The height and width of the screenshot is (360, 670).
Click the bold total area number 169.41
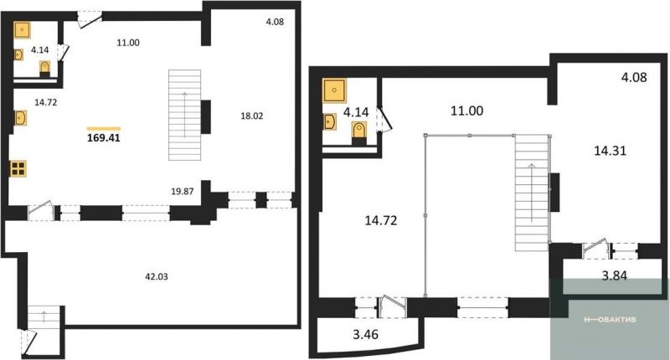(x=103, y=138)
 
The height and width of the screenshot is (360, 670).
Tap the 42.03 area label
(x=157, y=277)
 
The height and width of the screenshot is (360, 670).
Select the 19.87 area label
(x=183, y=192)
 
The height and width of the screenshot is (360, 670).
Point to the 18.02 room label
(x=252, y=116)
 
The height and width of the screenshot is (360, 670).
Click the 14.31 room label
(x=611, y=151)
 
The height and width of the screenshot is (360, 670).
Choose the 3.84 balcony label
(x=615, y=275)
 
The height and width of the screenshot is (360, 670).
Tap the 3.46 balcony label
(x=366, y=334)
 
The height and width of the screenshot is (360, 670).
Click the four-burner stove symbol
(x=18, y=168)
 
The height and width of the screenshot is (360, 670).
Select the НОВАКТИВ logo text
(x=610, y=320)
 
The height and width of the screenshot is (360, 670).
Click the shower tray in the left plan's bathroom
(x=23, y=30)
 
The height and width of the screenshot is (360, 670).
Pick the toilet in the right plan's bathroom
(x=360, y=132)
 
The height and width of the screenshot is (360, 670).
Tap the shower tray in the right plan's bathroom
(x=334, y=90)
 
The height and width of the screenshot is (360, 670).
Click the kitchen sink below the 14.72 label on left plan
(x=20, y=118)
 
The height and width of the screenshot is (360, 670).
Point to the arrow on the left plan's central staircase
(x=184, y=115)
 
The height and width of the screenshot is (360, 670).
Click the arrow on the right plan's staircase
(x=532, y=193)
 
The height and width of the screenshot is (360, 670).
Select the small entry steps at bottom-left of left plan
(x=44, y=316)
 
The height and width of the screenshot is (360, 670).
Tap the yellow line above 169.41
(x=103, y=128)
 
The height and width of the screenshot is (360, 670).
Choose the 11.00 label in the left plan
(x=128, y=43)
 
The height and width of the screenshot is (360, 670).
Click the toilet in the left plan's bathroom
(x=45, y=69)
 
